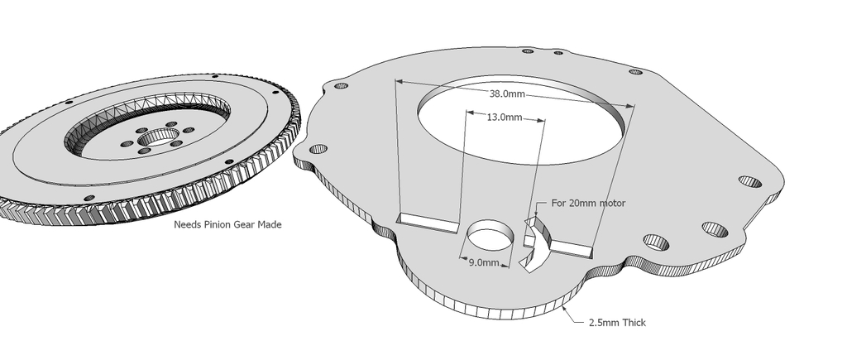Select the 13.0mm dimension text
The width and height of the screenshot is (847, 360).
click(504, 118)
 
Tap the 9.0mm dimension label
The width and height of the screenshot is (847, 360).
click(483, 263)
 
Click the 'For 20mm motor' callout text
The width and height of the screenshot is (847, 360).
click(588, 203)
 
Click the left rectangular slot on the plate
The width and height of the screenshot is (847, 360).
click(428, 221)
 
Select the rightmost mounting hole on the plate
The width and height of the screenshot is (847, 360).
click(750, 181)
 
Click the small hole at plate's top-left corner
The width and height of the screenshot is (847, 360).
click(338, 85)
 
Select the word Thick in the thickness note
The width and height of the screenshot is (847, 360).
click(633, 322)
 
